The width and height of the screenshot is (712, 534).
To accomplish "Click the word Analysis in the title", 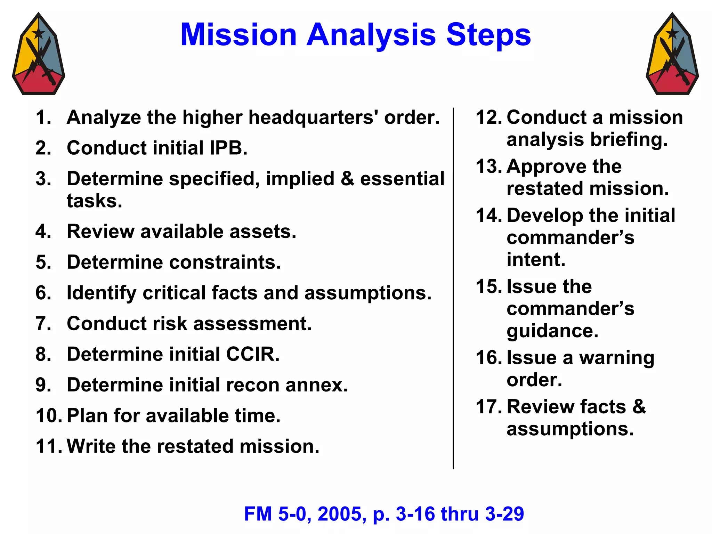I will click(x=371, y=35).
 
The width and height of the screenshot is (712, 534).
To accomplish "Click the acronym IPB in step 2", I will click(x=228, y=148).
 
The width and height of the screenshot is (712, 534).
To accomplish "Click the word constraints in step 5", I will click(x=225, y=262).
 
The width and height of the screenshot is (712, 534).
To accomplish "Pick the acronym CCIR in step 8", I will click(x=253, y=354).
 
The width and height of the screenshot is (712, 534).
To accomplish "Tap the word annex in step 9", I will click(x=316, y=385).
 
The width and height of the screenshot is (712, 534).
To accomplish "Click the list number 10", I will click(x=48, y=416).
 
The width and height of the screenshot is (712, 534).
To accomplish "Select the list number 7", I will click(x=43, y=324).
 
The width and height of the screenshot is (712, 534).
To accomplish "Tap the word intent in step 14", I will click(x=536, y=260).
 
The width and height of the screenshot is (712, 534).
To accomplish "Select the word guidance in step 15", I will click(x=552, y=331).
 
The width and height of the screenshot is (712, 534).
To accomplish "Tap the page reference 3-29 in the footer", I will click(x=504, y=514).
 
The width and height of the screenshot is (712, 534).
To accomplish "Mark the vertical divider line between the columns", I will click(x=453, y=289).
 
